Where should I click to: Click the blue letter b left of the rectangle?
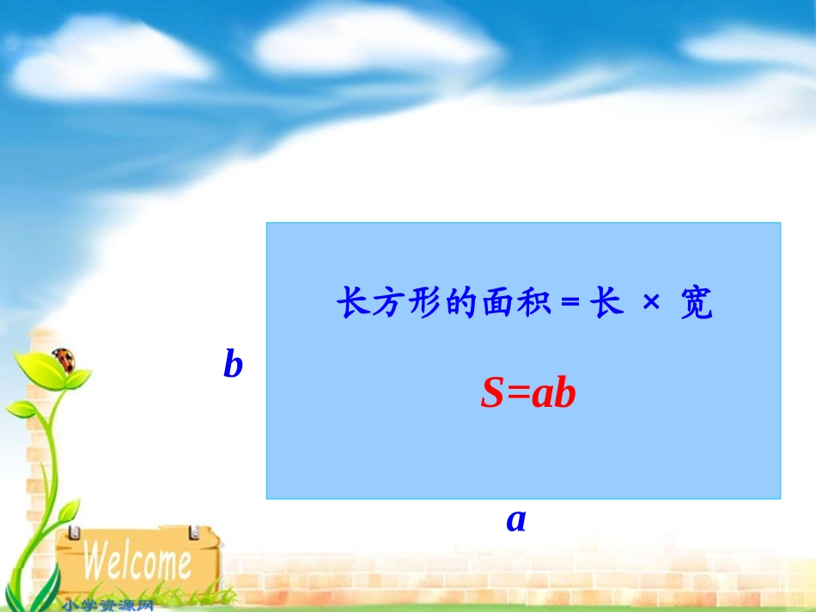click(233, 365)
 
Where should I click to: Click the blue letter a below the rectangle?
click(515, 519)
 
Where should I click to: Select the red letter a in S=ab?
click(541, 396)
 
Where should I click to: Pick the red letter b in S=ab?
click(564, 394)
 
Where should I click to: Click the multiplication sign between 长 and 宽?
click(652, 304)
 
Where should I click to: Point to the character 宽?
click(696, 304)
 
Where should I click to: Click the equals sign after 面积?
click(570, 305)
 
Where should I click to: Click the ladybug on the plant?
click(64, 356)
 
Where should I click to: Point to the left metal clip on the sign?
click(75, 533)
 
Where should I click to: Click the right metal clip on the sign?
click(193, 533)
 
